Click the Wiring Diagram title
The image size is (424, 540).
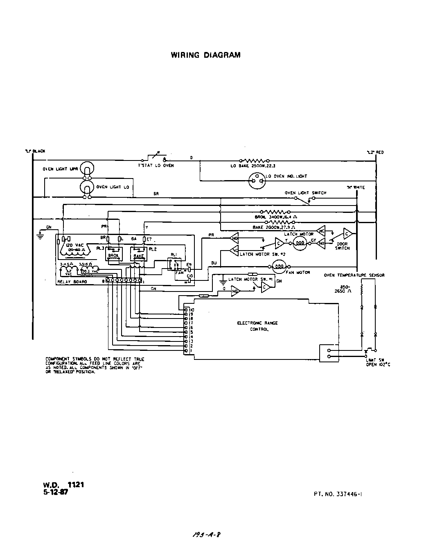pyautogui.click(x=205, y=55)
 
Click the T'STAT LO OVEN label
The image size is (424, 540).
pyautogui.click(x=156, y=166)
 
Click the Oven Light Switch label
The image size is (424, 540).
pyautogui.click(x=305, y=193)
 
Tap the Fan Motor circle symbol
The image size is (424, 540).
pyautogui.click(x=279, y=267)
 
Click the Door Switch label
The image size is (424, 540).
pyautogui.click(x=342, y=246)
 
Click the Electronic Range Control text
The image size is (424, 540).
pyautogui.click(x=257, y=326)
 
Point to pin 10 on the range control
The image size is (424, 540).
pyautogui.click(x=187, y=310)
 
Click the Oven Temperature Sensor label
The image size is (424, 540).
pyautogui.click(x=354, y=276)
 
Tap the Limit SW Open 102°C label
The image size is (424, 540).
pyautogui.click(x=377, y=362)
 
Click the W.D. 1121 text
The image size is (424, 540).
pyautogui.click(x=63, y=485)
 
